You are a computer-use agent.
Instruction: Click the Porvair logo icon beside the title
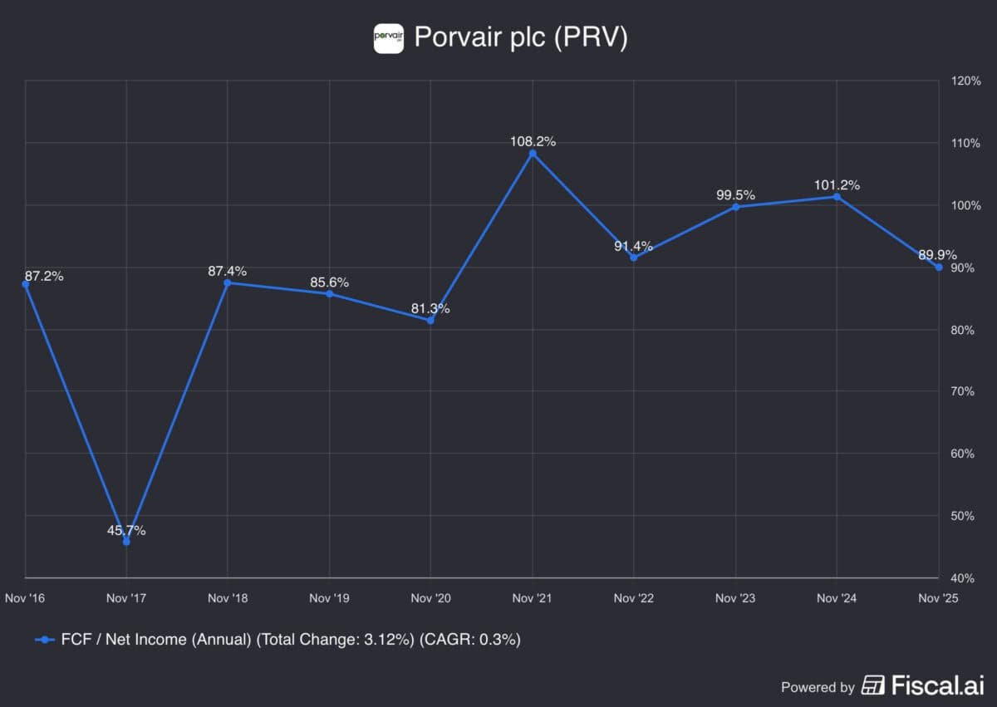point(389,38)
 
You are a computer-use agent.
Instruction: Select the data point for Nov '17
point(126,542)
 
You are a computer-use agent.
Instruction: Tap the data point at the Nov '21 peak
point(533,154)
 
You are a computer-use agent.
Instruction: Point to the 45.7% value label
point(126,530)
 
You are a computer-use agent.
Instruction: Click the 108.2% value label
point(533,141)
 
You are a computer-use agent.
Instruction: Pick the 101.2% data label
point(837,184)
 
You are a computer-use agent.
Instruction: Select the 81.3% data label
point(430,308)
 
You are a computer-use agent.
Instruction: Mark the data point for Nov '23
point(735,207)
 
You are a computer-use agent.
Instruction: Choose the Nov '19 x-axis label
point(329,597)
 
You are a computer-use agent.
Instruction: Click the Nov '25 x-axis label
point(938,597)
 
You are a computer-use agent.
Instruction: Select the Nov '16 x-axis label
point(25,597)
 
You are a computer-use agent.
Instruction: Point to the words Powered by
point(818,687)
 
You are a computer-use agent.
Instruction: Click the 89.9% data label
point(936,255)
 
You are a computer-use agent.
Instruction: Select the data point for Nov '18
point(228,282)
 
